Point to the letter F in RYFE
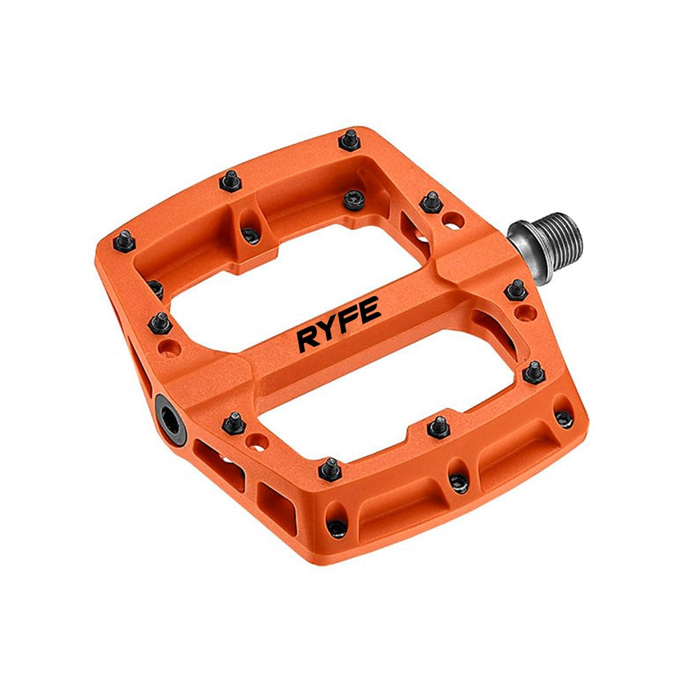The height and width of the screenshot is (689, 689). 349,322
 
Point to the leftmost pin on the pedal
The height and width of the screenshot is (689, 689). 124,241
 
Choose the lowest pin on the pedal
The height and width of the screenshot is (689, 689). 337,528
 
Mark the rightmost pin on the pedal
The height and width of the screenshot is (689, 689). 564,419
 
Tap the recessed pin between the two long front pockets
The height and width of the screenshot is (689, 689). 457,482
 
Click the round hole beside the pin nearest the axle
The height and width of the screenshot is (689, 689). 451,221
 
